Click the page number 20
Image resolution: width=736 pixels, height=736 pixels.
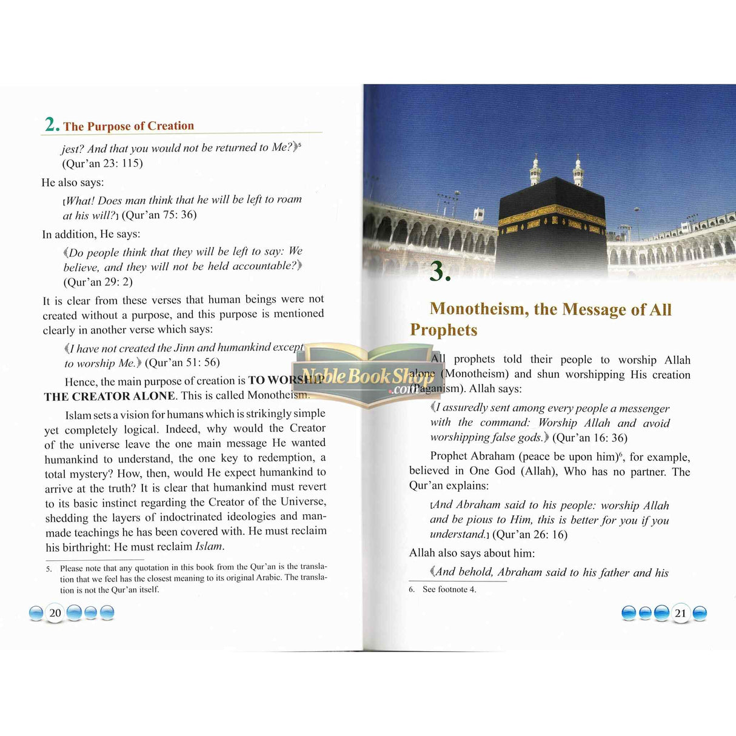point(55,613)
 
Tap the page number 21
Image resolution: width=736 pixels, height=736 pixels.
point(680,614)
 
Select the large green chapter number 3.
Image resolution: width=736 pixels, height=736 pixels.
point(440,271)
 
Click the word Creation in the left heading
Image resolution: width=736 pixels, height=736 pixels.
point(170,125)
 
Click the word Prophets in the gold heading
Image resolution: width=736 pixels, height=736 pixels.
point(443,330)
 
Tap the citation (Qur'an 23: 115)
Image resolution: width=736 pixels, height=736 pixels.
point(102,163)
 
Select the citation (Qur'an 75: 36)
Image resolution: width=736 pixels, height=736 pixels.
point(159,215)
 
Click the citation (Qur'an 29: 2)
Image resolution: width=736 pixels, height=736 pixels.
point(98,281)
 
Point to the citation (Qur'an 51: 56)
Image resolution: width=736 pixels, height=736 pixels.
point(182,363)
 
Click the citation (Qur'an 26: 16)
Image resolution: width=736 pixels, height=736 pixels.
point(529,534)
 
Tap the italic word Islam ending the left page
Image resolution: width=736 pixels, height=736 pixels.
point(209,546)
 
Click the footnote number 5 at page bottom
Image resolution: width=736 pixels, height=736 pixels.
point(49,569)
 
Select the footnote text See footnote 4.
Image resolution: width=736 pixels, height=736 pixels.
point(449,589)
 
